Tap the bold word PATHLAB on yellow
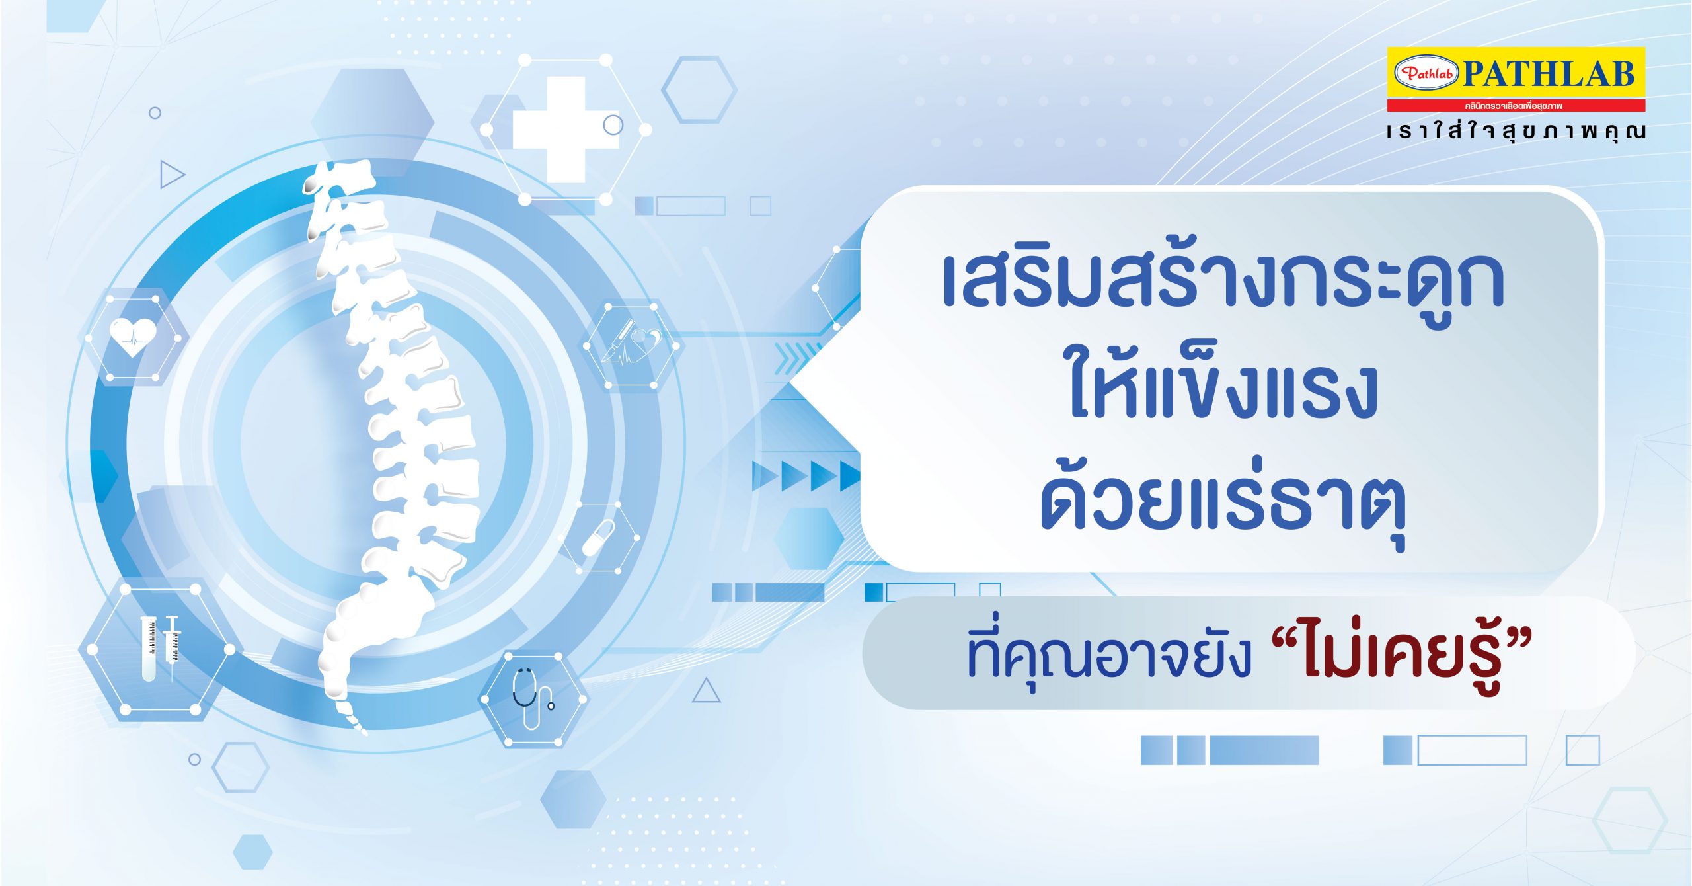tap(1549, 74)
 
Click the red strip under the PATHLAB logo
tap(1516, 106)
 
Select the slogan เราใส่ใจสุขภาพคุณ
tap(1516, 132)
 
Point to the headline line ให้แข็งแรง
tap(1223, 390)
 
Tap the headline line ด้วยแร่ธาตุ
tap(1223, 503)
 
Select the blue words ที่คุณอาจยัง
tap(1110, 656)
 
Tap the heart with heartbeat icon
tap(133, 337)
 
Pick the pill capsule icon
tap(598, 538)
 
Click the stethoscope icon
tap(532, 698)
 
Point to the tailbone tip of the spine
tap(364, 732)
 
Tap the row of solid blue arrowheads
tap(806, 476)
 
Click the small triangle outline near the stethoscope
tap(706, 692)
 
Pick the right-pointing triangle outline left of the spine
tap(172, 175)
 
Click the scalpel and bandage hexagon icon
tap(631, 343)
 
